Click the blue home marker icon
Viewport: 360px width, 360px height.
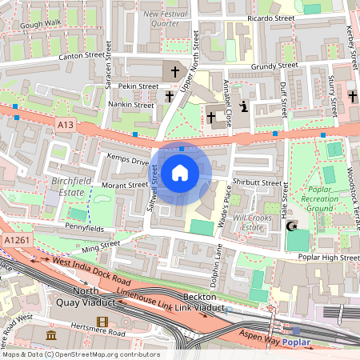click(180, 172)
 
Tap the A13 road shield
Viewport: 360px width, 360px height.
click(66, 124)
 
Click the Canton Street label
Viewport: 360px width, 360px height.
click(82, 57)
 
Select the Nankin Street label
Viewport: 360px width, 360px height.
click(132, 105)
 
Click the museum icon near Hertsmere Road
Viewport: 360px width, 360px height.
click(52, 334)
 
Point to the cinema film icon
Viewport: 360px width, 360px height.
click(102, 322)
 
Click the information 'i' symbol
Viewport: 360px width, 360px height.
click(244, 107)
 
